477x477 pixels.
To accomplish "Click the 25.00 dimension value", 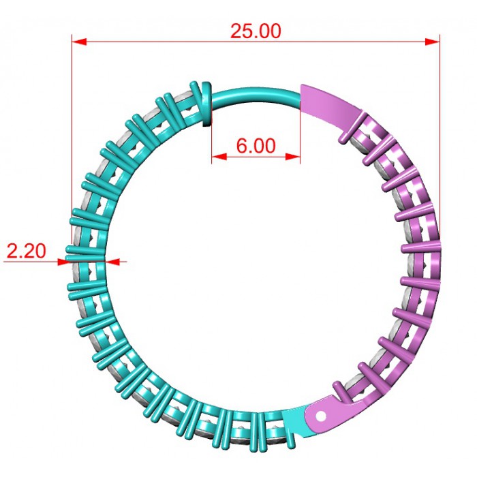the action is [x=256, y=31].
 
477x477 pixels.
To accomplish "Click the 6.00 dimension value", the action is [x=256, y=146].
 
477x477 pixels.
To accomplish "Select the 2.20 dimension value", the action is [x=26, y=251].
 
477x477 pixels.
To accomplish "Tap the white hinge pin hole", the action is [x=321, y=416].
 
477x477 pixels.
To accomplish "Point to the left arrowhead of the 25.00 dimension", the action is [x=79, y=42].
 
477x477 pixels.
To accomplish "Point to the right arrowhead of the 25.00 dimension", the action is [x=432, y=42].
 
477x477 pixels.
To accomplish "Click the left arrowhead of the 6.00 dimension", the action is [x=219, y=157].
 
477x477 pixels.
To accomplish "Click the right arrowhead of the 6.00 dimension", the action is [x=292, y=157].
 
